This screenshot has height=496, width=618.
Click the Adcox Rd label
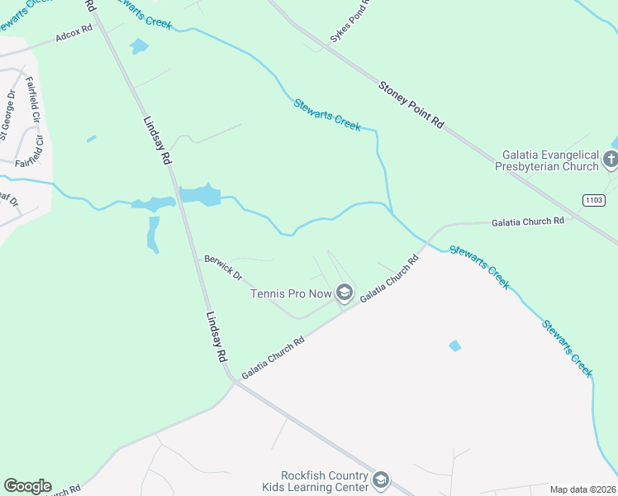[74, 36]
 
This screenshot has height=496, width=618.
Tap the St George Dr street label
[7, 116]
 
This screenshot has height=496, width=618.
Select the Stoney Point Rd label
[411, 103]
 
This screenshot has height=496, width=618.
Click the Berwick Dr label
[223, 267]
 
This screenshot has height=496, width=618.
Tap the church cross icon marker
[611, 160]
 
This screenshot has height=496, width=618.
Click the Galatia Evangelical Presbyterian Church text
[550, 160]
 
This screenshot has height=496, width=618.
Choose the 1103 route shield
[593, 200]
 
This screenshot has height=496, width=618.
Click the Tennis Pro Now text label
[292, 293]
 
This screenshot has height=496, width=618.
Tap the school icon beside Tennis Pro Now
[345, 293]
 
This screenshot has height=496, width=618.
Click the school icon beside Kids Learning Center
[380, 479]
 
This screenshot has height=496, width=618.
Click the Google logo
[27, 486]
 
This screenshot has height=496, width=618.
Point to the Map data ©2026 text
[583, 489]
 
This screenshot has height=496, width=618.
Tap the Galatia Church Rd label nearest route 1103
[527, 222]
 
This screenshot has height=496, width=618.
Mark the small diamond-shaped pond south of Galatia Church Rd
[454, 346]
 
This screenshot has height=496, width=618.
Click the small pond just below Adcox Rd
[139, 46]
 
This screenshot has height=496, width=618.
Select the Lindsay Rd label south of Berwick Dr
[216, 337]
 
